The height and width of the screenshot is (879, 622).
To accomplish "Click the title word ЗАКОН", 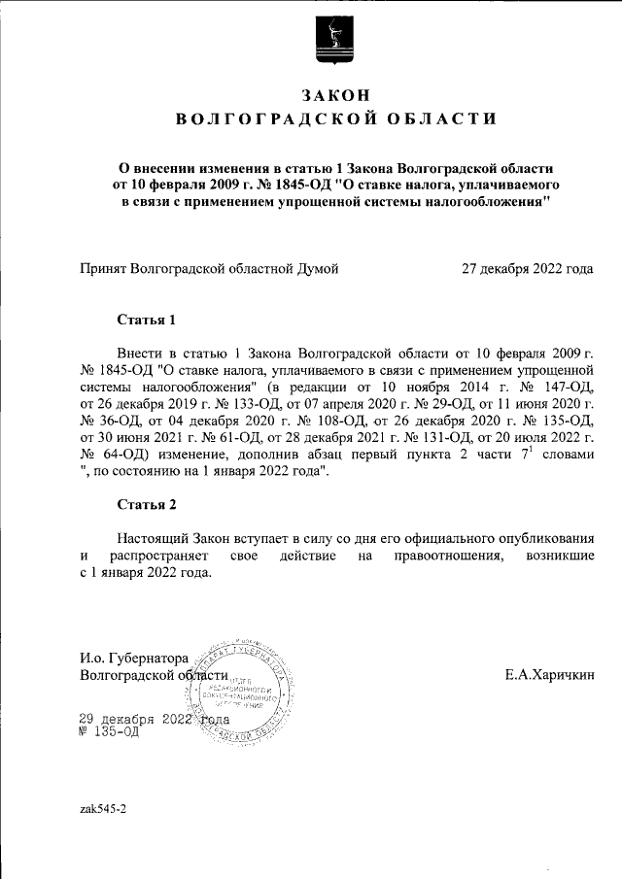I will pos(335,94).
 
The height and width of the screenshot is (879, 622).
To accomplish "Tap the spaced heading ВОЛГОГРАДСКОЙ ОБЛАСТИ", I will pos(335,119).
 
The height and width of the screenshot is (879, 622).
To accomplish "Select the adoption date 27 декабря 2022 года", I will pos(527,268).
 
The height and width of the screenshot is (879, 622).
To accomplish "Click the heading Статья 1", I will pos(146,319).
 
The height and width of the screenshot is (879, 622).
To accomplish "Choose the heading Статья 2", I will pos(146,504).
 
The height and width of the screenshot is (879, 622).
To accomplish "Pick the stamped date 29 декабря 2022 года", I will pos(153,719).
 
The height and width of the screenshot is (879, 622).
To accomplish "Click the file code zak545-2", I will pos(103,808).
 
